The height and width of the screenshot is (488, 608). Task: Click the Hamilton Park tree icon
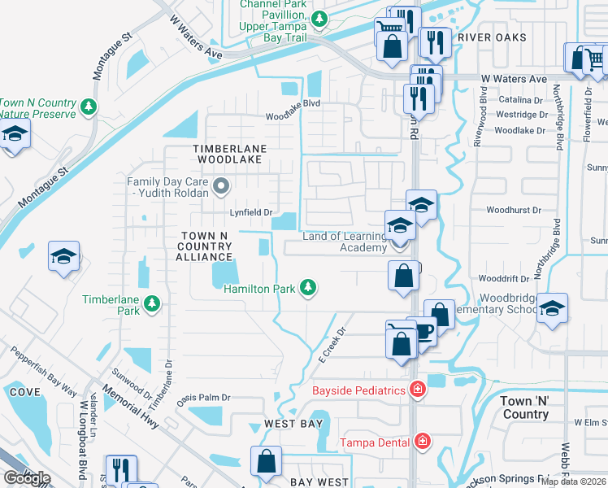click(308, 286)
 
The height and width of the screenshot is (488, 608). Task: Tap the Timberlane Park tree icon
click(151, 304)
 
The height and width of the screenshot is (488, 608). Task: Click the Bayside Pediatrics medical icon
click(418, 390)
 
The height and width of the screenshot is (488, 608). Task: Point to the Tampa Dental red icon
click(422, 442)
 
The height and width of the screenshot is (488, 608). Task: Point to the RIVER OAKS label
click(492, 37)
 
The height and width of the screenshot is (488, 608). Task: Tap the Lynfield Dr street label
click(250, 212)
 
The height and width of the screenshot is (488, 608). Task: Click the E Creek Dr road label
click(332, 345)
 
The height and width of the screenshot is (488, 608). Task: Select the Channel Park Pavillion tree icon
click(319, 18)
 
